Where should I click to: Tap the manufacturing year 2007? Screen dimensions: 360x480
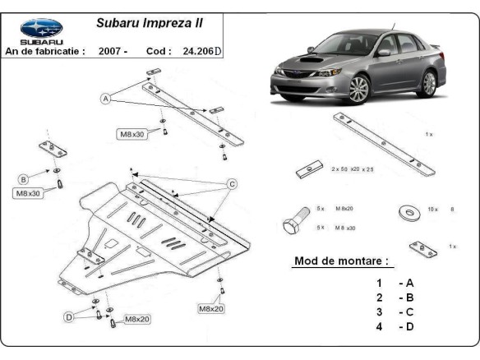[x=113, y=51]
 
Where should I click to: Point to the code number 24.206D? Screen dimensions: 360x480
[x=201, y=51]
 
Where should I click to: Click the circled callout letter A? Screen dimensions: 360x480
[x=105, y=99]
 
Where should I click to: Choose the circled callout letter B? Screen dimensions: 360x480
[x=24, y=179]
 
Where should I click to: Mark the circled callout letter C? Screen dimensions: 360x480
[x=232, y=183]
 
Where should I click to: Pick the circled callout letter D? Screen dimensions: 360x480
[x=70, y=316]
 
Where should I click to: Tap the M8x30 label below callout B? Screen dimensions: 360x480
[x=29, y=194]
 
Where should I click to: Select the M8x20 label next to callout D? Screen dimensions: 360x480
[x=138, y=319]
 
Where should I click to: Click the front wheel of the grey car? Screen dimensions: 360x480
[x=358, y=88]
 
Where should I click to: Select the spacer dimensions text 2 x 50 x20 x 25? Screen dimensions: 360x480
[x=352, y=168]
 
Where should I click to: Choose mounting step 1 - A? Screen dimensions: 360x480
[x=394, y=282]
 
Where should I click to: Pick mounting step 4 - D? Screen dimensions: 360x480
[x=394, y=326]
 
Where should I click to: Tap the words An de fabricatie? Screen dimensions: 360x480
[x=45, y=51]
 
